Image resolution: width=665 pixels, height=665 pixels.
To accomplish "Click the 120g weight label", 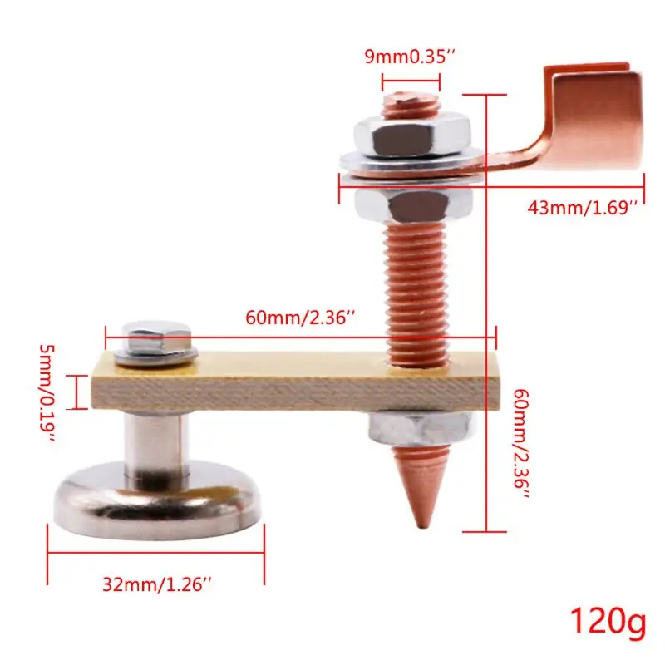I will click(x=606, y=620).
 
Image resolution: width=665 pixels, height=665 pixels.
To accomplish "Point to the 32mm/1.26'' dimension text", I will click(x=158, y=584).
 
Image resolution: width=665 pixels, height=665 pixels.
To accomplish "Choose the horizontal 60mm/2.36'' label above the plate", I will click(x=302, y=317).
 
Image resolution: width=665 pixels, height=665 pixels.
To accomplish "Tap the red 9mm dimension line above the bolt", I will click(x=411, y=82).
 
